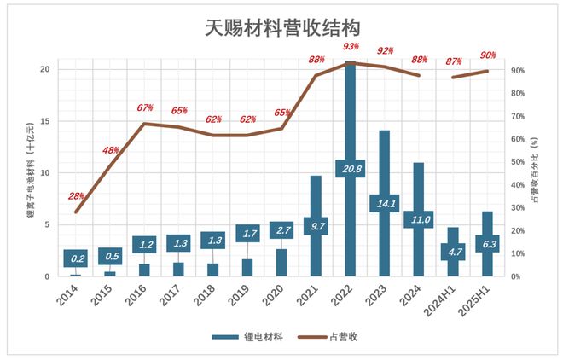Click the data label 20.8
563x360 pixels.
[350, 169]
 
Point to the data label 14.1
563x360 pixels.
[384, 203]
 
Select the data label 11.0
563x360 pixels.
[418, 219]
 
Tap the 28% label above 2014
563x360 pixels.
[76, 196]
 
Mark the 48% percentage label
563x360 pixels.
[111, 150]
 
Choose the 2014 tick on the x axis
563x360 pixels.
[73, 299]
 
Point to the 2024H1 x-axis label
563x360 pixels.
[446, 301]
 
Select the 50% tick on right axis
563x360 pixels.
[517, 162]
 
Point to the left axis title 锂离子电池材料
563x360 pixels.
[31, 171]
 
